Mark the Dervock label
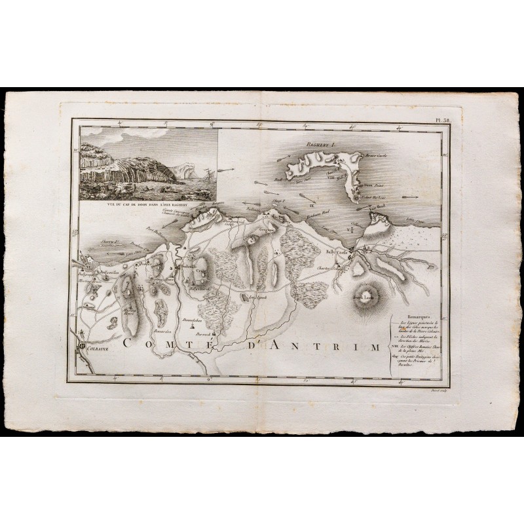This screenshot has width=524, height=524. point(204,333)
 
